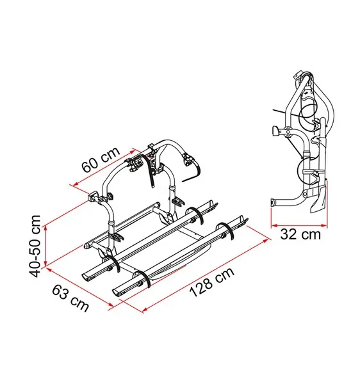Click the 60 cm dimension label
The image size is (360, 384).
coord(101,159)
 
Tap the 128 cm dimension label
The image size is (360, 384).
coord(212,282)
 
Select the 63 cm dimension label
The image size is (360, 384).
coord(70,298)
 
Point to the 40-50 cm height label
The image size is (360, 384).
coord(35,246)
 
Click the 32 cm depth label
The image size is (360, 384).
coord(300,234)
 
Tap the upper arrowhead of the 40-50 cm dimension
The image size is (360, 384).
coord(45,228)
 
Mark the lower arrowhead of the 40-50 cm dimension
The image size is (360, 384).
coord(45,263)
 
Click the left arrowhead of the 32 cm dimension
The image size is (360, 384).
coord(274,225)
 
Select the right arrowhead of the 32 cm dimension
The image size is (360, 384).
coord(323,225)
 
